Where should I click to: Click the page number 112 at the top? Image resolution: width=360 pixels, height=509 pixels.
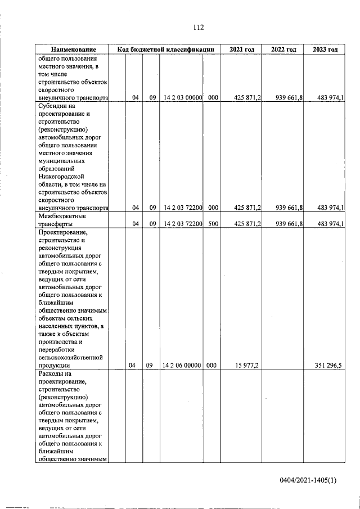(197, 28)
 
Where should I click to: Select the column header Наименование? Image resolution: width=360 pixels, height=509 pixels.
(71, 49)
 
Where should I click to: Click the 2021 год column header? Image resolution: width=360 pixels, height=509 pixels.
(242, 49)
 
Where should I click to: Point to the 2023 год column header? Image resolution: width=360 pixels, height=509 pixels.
(325, 49)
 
